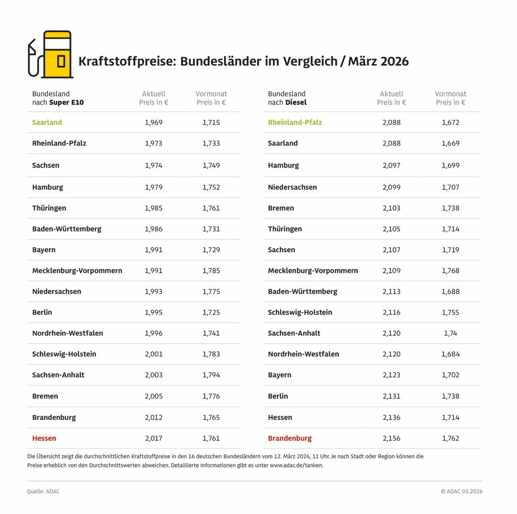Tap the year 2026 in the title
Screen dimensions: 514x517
(x=391, y=61)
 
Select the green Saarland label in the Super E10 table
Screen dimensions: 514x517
(x=47, y=122)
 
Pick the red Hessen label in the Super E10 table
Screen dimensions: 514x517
(x=44, y=438)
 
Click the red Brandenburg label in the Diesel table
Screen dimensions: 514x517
(x=290, y=438)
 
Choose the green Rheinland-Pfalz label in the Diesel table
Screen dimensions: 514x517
(x=295, y=122)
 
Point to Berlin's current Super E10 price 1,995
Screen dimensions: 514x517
(x=153, y=312)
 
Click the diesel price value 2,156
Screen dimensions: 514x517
(x=391, y=438)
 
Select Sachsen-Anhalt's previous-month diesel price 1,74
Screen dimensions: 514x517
(x=450, y=333)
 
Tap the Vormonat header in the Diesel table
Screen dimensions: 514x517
(x=450, y=94)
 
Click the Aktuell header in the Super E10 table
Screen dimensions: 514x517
(x=154, y=94)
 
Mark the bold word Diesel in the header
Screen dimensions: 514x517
(x=296, y=103)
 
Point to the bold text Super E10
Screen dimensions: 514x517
(x=66, y=103)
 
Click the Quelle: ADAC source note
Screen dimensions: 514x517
(x=43, y=491)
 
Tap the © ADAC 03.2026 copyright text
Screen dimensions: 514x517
(x=461, y=491)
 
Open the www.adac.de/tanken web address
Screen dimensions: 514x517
(x=296, y=465)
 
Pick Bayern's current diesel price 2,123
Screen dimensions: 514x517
(x=391, y=375)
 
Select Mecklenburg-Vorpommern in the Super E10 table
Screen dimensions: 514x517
(x=77, y=271)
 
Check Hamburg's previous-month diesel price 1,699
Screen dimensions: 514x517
(x=450, y=165)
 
